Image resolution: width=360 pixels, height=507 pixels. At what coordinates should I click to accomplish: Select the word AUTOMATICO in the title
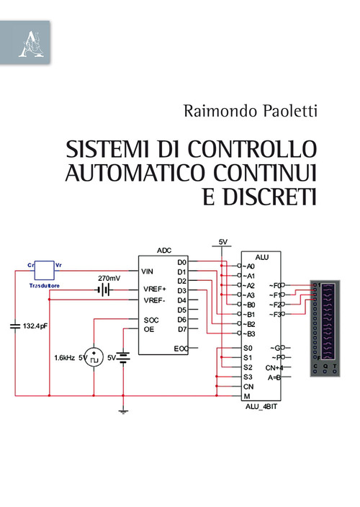click(140, 173)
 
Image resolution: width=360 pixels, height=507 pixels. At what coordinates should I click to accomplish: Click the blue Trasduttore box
click(45, 270)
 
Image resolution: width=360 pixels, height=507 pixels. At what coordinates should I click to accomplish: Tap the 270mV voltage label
click(109, 278)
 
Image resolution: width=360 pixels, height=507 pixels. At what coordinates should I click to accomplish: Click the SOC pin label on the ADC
click(151, 320)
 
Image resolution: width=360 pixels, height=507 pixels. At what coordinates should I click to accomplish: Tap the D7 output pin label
click(182, 329)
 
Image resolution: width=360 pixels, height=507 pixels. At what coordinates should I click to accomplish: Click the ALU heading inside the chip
click(262, 257)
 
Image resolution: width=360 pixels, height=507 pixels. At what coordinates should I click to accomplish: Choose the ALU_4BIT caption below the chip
click(262, 406)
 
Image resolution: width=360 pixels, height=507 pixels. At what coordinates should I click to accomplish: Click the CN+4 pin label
click(274, 367)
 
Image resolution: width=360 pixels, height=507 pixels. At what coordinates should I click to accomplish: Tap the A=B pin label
click(274, 377)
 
